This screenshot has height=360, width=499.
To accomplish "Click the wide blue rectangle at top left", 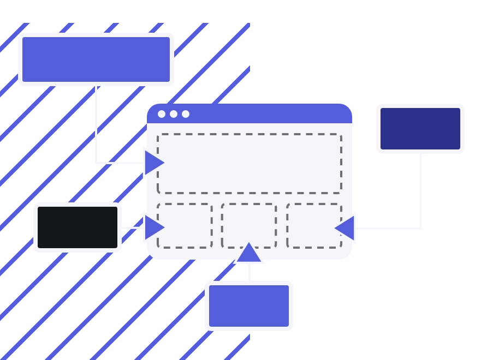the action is coord(96,59).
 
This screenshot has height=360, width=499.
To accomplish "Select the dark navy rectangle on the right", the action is coord(420,129).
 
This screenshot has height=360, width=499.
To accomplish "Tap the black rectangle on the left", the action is coord(78,227).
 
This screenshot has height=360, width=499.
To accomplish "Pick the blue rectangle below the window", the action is coord(249,305).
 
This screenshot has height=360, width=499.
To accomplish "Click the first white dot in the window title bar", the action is coord(162,114).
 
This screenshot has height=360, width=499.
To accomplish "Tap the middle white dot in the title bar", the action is coord(174,114).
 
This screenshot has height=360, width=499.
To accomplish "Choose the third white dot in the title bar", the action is coord(186,114).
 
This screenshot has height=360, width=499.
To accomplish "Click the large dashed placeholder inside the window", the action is coord(249,164).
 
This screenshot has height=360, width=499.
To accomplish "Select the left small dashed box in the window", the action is coord(185,226).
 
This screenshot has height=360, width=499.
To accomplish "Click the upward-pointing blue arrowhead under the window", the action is coord(249,254).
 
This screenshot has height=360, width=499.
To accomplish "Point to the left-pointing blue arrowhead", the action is coord(346,228).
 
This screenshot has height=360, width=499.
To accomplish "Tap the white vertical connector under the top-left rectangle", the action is coord(96,125).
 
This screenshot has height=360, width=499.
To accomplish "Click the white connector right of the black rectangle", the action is coord(131,227).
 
